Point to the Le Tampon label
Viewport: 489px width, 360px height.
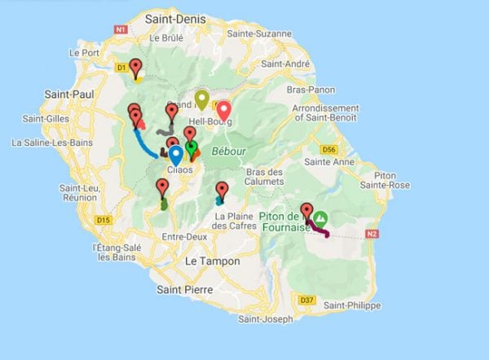(x=213, y=261)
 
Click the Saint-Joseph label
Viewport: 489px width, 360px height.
(x=264, y=318)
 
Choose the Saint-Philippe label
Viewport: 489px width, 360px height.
(x=351, y=305)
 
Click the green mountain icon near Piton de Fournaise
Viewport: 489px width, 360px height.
(x=321, y=218)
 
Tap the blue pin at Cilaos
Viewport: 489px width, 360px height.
(x=176, y=154)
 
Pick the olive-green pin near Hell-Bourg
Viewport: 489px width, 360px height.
(x=202, y=99)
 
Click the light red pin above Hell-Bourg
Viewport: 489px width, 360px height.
(x=222, y=110)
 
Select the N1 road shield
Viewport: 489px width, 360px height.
(x=121, y=29)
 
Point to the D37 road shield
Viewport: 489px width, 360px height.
(x=306, y=301)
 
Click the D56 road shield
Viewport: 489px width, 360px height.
(x=328, y=150)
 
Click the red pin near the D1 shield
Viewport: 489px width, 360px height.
(x=135, y=68)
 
